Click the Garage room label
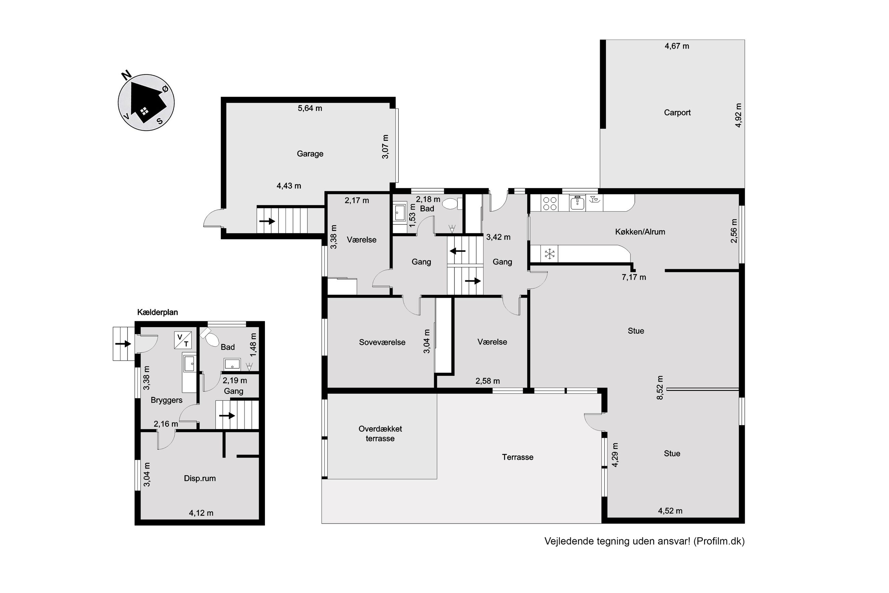pyautogui.click(x=310, y=154)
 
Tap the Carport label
pyautogui.click(x=677, y=112)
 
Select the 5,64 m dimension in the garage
pyautogui.click(x=310, y=108)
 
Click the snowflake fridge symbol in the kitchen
pyautogui.click(x=550, y=254)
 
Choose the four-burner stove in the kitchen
pyautogui.click(x=549, y=203)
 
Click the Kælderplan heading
pyautogui.click(x=158, y=312)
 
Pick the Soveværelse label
pyautogui.click(x=382, y=342)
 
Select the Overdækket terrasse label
pyautogui.click(x=380, y=434)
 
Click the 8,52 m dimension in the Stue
pyautogui.click(x=660, y=388)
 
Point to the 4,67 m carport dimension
pyautogui.click(x=677, y=46)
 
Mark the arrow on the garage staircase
pyautogui.click(x=267, y=221)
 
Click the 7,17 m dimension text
pyautogui.click(x=634, y=277)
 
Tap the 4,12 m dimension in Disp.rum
pyautogui.click(x=201, y=513)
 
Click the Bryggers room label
pyautogui.click(x=166, y=400)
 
